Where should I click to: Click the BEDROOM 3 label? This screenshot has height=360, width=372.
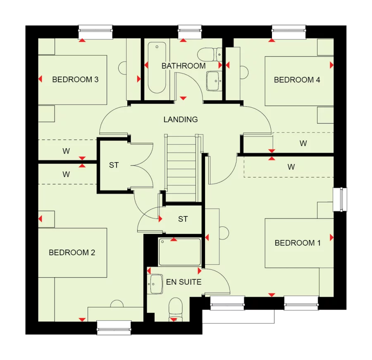75,79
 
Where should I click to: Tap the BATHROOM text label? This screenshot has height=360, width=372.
183,66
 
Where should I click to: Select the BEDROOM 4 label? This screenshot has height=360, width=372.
297,80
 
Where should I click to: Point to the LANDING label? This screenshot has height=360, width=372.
181,120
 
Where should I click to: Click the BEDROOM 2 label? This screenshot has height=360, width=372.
72,252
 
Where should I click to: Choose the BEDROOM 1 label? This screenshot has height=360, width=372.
297,243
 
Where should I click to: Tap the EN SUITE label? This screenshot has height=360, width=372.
184,282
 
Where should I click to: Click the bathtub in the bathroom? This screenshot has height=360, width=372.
156,68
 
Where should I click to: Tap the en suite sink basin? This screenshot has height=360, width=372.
156,284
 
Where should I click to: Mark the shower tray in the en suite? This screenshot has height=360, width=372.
180,252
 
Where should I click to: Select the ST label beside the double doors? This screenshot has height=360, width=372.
114,165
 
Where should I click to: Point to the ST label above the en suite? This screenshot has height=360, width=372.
183,219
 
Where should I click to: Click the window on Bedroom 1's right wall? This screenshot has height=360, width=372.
341,200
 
